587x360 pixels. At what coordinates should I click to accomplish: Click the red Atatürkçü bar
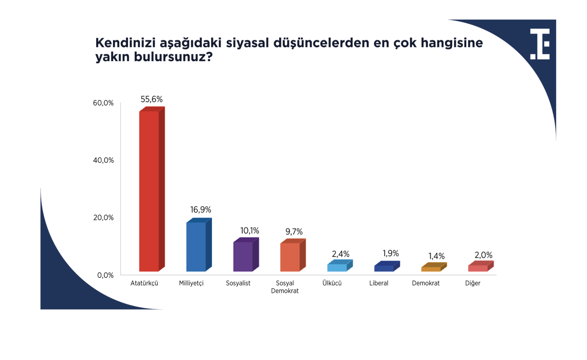(x=152, y=189)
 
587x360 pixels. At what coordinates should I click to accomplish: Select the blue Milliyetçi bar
(x=199, y=245)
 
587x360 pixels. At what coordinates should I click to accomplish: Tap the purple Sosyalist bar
(x=246, y=254)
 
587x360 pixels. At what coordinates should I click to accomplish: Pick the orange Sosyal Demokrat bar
(x=293, y=255)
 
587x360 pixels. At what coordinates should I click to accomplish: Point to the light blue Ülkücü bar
(x=340, y=265)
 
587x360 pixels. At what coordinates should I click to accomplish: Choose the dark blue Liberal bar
(x=387, y=266)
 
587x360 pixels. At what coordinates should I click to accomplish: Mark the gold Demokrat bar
(x=434, y=267)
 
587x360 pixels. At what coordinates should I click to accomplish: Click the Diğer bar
(x=481, y=266)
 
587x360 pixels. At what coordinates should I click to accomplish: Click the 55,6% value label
(x=152, y=99)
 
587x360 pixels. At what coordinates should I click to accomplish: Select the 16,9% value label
(x=200, y=210)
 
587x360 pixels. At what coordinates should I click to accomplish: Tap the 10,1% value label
(x=249, y=231)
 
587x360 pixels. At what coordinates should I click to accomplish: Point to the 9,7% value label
(x=294, y=232)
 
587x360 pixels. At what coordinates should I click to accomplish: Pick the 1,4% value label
(x=436, y=256)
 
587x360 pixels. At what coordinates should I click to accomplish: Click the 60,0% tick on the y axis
(x=103, y=103)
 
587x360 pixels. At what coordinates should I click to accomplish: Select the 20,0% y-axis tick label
(x=103, y=217)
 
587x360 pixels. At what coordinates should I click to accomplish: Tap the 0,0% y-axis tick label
(x=105, y=275)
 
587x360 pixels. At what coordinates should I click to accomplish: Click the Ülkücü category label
(x=332, y=283)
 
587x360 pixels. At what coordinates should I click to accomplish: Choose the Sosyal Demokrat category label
(x=285, y=287)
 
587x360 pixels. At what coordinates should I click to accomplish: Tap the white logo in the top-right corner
(x=540, y=44)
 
